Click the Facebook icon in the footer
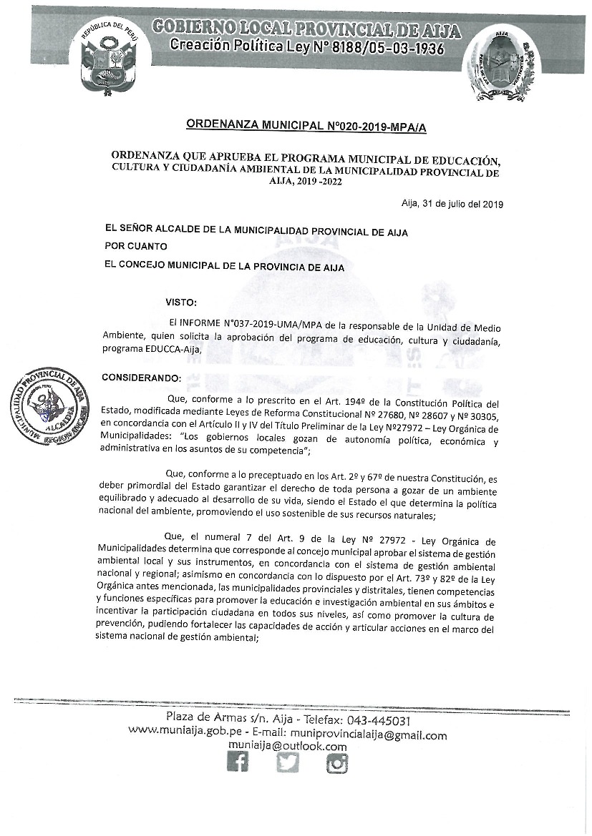click(x=238, y=763)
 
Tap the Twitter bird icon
click(x=288, y=763)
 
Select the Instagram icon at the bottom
click(x=337, y=763)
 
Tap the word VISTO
click(x=180, y=303)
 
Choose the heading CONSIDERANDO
click(x=142, y=377)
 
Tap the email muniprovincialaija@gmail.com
click(x=367, y=734)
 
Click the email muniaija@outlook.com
click(x=288, y=747)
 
